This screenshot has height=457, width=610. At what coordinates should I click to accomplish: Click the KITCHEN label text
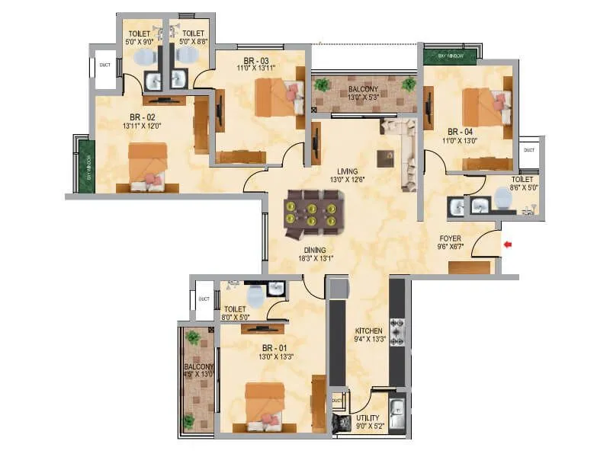tap(369, 331)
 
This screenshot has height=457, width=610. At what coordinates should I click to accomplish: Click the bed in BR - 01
tap(265, 404)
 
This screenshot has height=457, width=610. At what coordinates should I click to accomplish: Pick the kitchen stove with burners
tap(396, 329)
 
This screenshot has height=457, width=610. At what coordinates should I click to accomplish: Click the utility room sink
tap(397, 415)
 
